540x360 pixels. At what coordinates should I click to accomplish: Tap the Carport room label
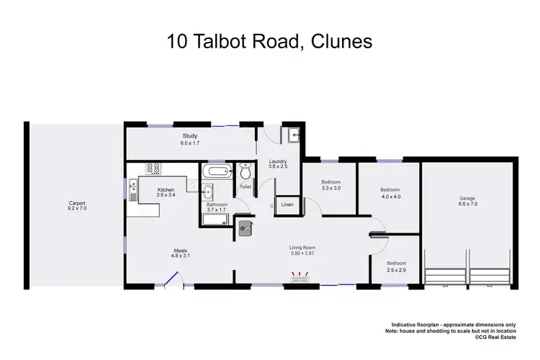pyautogui.click(x=77, y=202)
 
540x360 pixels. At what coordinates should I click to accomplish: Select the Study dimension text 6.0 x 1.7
pyautogui.click(x=190, y=143)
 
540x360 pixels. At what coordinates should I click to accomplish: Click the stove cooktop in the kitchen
pyautogui.click(x=153, y=169)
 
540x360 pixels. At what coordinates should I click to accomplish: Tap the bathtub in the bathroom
pyautogui.click(x=216, y=172)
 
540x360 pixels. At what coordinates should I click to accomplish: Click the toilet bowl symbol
pyautogui.click(x=245, y=173)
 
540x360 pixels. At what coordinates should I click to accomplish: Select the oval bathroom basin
pyautogui.click(x=208, y=192)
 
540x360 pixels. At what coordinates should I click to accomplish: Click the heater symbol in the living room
pyautogui.click(x=300, y=276)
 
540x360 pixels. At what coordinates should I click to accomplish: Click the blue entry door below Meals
pyautogui.click(x=171, y=279)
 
